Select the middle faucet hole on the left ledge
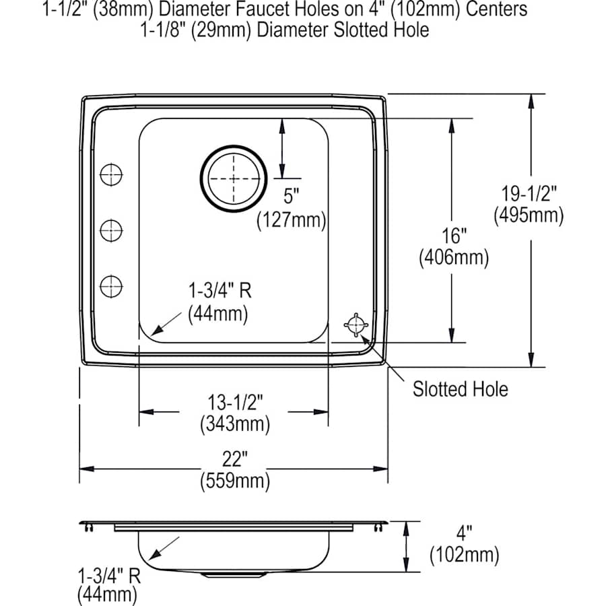pyautogui.click(x=111, y=231)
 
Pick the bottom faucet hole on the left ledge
pyautogui.click(x=111, y=286)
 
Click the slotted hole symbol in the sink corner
pyautogui.click(x=356, y=325)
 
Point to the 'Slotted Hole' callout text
pyautogui.click(x=461, y=389)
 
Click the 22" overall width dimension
pyautogui.click(x=234, y=461)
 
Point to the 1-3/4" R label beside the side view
pyautogui.click(x=108, y=576)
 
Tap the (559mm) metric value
pyautogui.click(x=234, y=481)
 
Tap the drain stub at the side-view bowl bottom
pyautogui.click(x=221, y=576)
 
